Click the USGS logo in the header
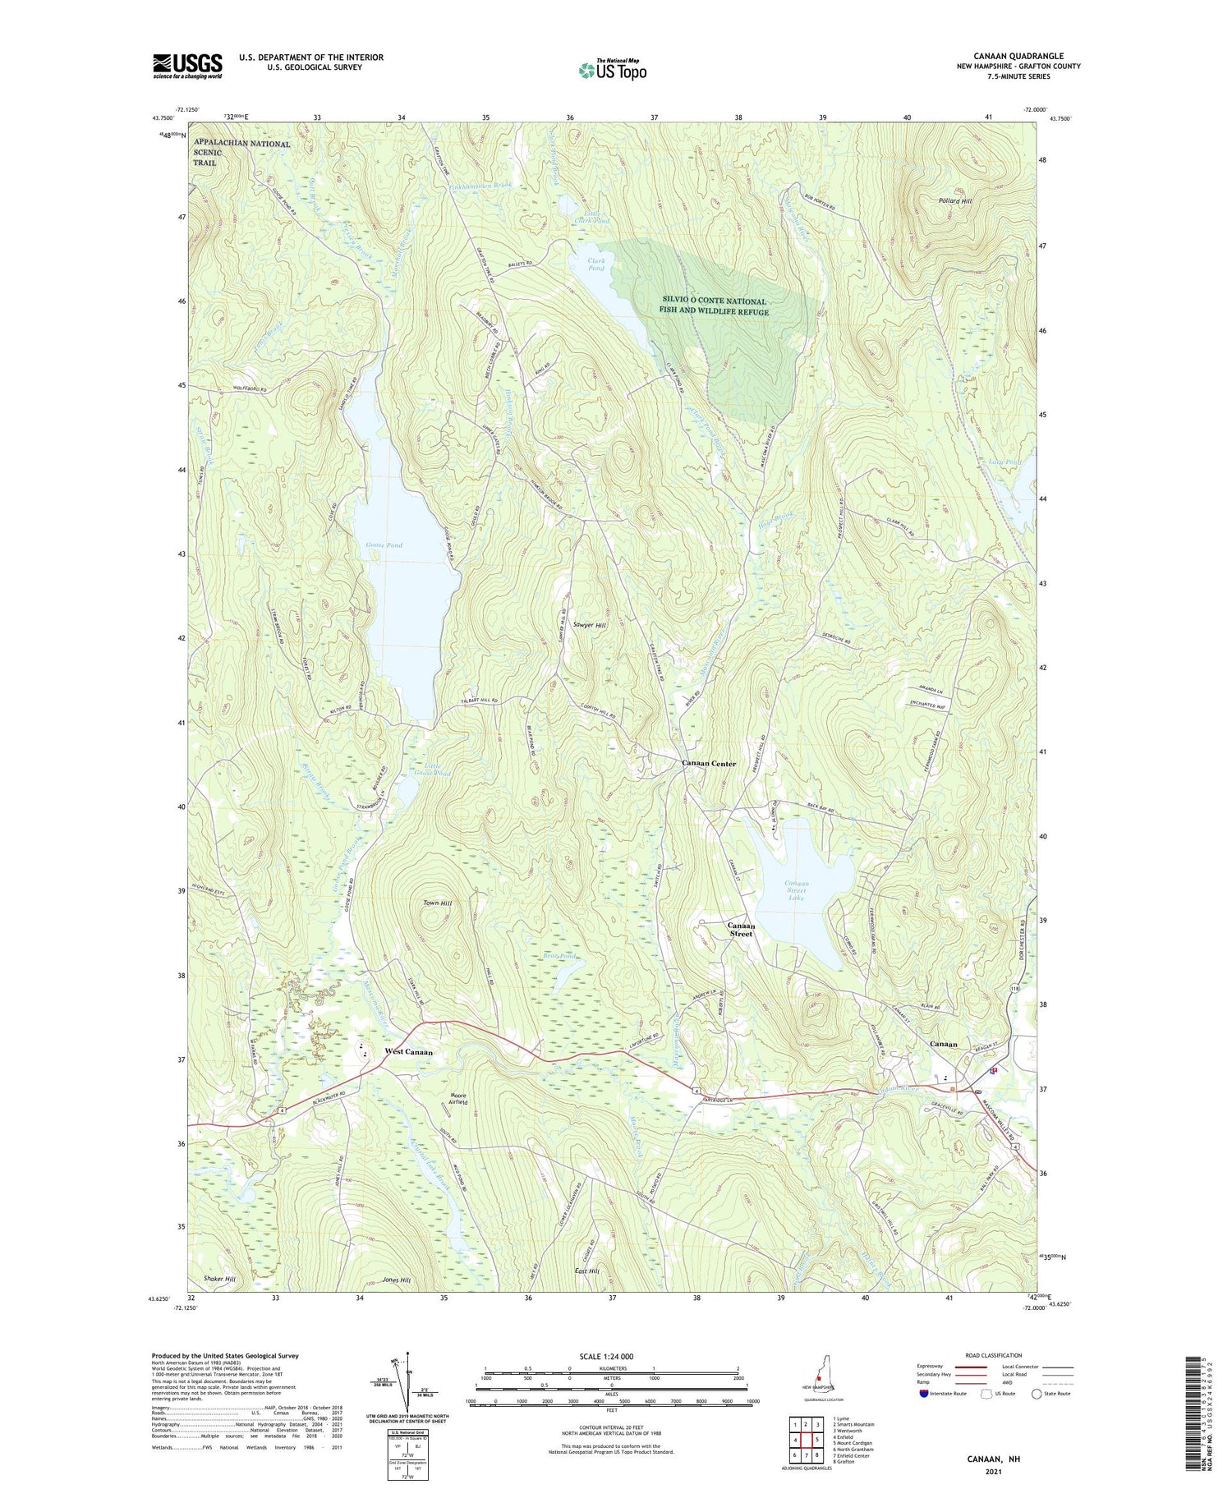point(187,66)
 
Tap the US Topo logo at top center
point(613,69)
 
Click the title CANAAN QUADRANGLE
point(1018,56)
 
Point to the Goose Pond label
point(384,545)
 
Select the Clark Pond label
point(596,264)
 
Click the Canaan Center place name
point(709,763)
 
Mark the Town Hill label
point(437,903)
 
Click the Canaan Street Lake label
point(796,891)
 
